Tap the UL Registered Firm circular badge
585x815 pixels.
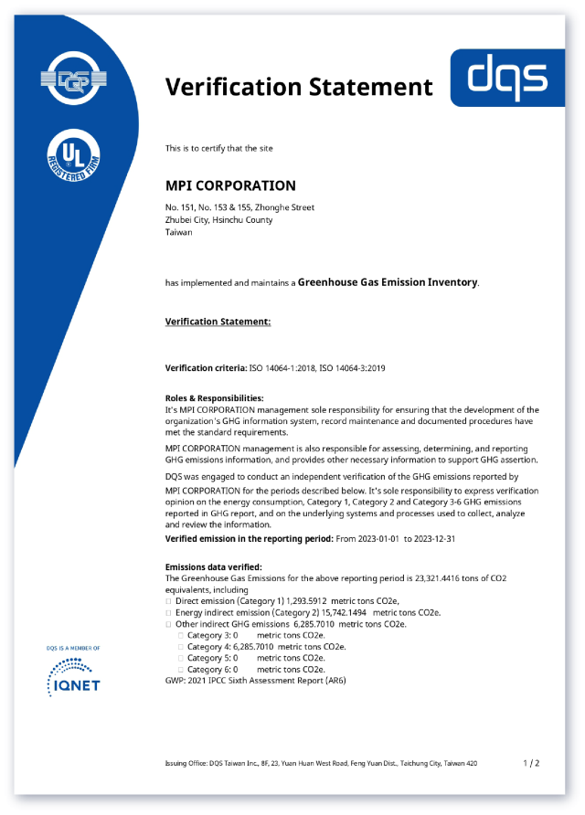(x=74, y=158)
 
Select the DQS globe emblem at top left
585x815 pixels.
(x=73, y=79)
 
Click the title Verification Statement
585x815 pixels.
(x=299, y=87)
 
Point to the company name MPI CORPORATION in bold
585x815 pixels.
(x=230, y=185)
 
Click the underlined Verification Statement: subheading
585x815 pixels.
(x=218, y=322)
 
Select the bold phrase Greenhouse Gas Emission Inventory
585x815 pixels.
(x=388, y=282)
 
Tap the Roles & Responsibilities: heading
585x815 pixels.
(x=214, y=398)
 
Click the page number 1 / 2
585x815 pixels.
(x=531, y=763)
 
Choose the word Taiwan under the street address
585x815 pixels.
(x=178, y=232)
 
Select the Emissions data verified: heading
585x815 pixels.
(x=213, y=566)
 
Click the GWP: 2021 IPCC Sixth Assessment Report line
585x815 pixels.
(x=255, y=681)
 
